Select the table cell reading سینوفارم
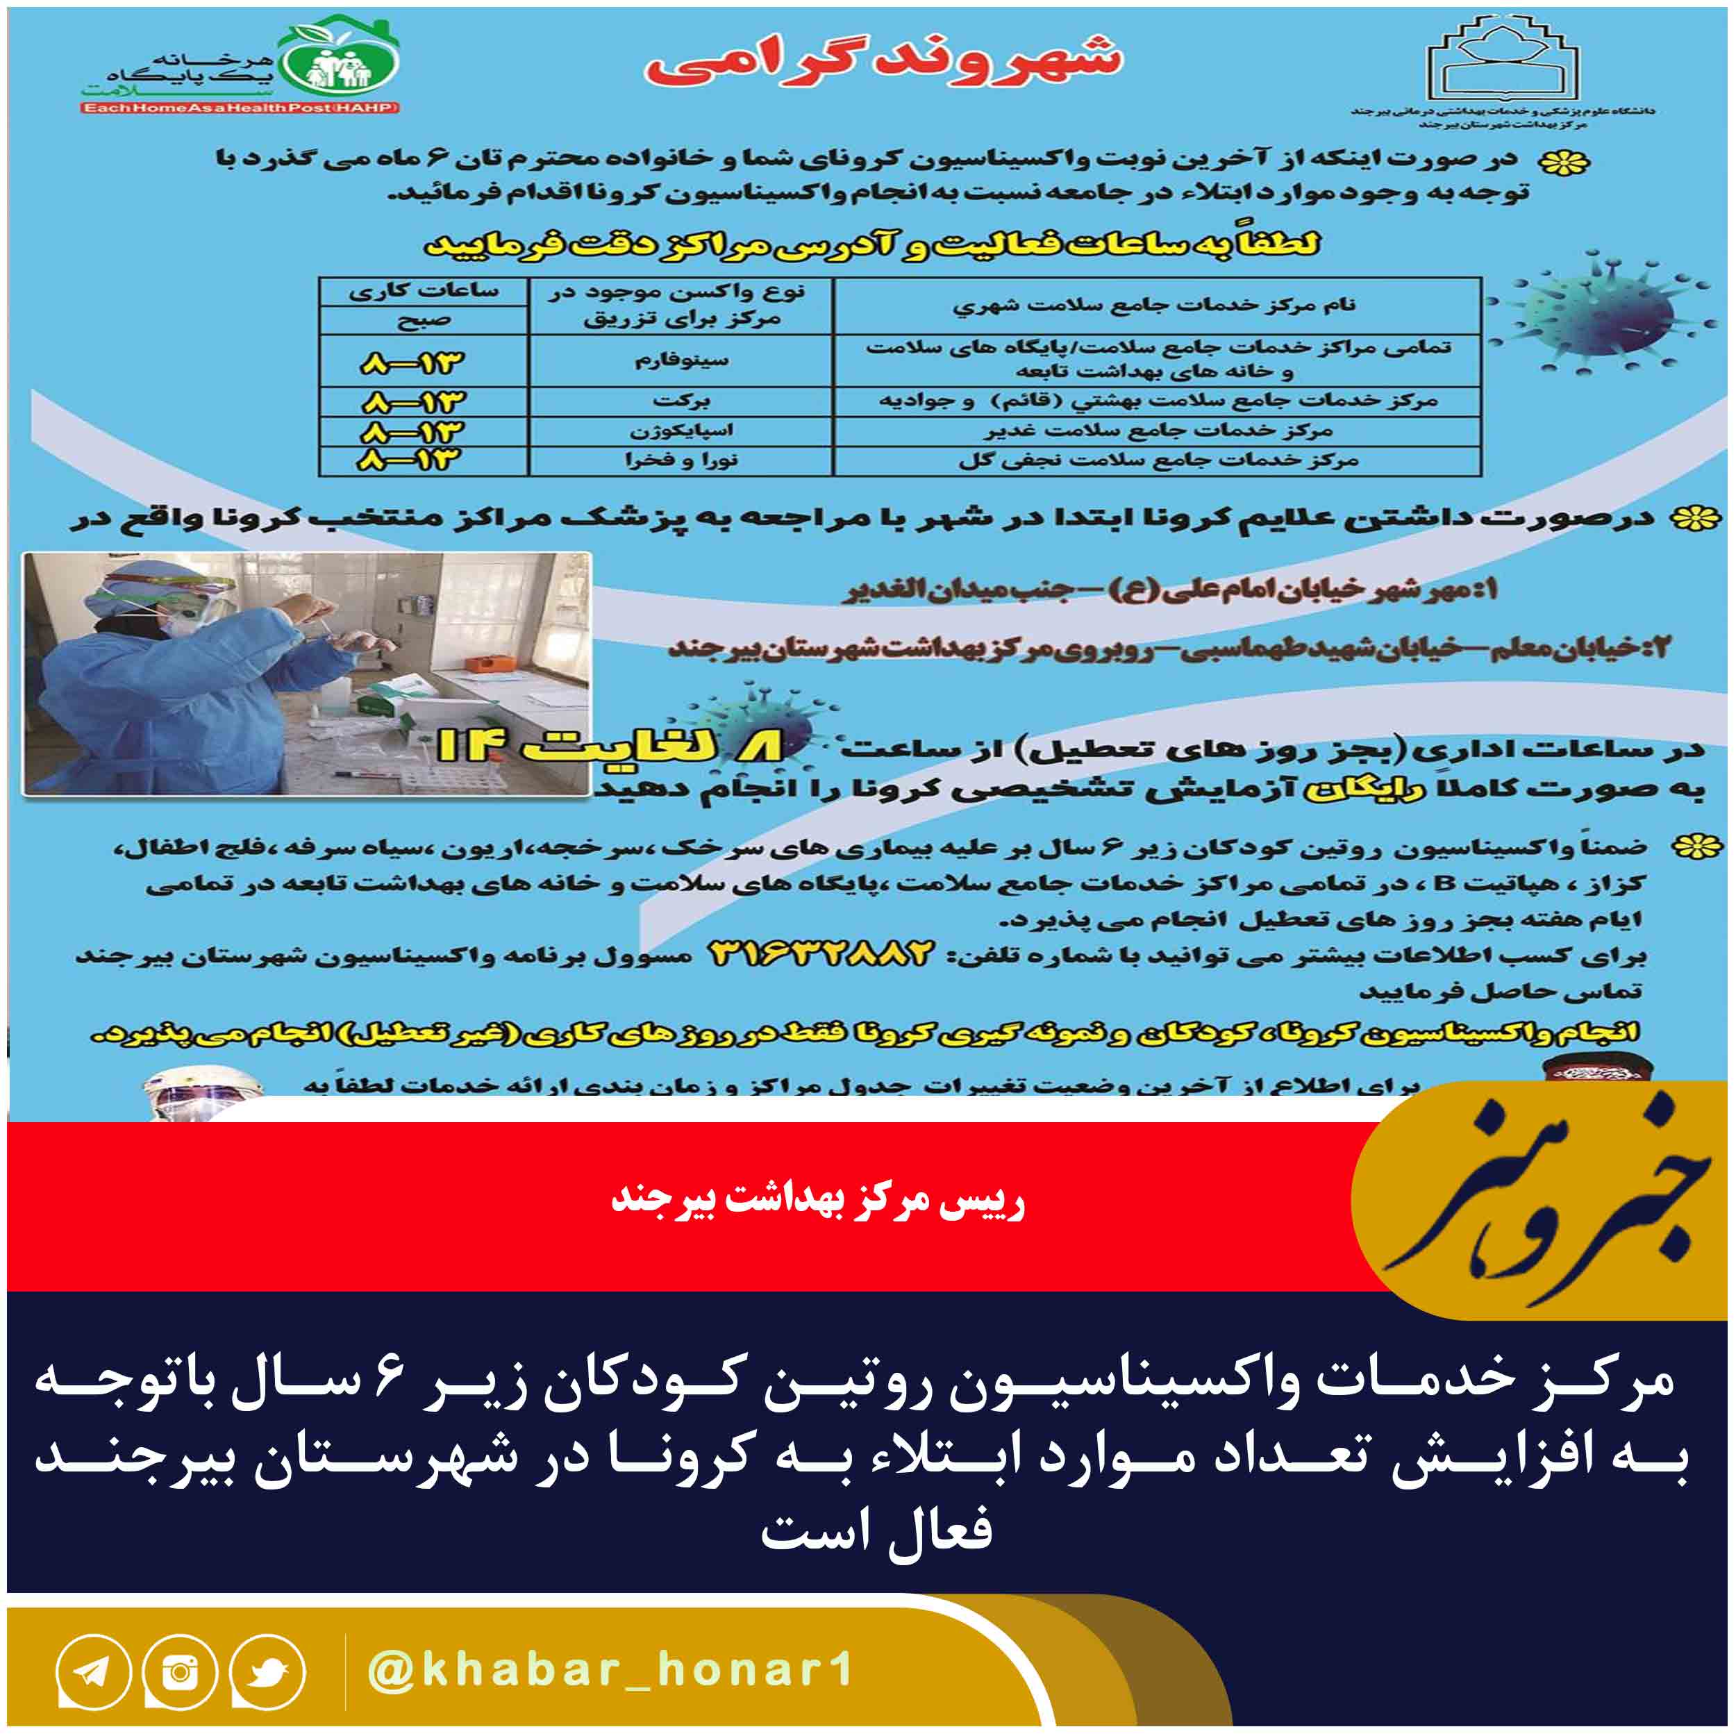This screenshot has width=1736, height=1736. tap(681, 361)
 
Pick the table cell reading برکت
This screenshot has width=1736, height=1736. tap(681, 401)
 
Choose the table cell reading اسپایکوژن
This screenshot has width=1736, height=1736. tap(681, 431)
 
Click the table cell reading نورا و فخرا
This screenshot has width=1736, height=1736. tap(681, 461)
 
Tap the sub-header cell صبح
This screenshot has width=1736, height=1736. tap(423, 321)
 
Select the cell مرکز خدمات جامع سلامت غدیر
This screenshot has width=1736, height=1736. tap(1158, 431)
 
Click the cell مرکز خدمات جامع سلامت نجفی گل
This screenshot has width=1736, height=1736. tap(1158, 461)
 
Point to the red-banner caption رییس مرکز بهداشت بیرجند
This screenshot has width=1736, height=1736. tap(818, 1201)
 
